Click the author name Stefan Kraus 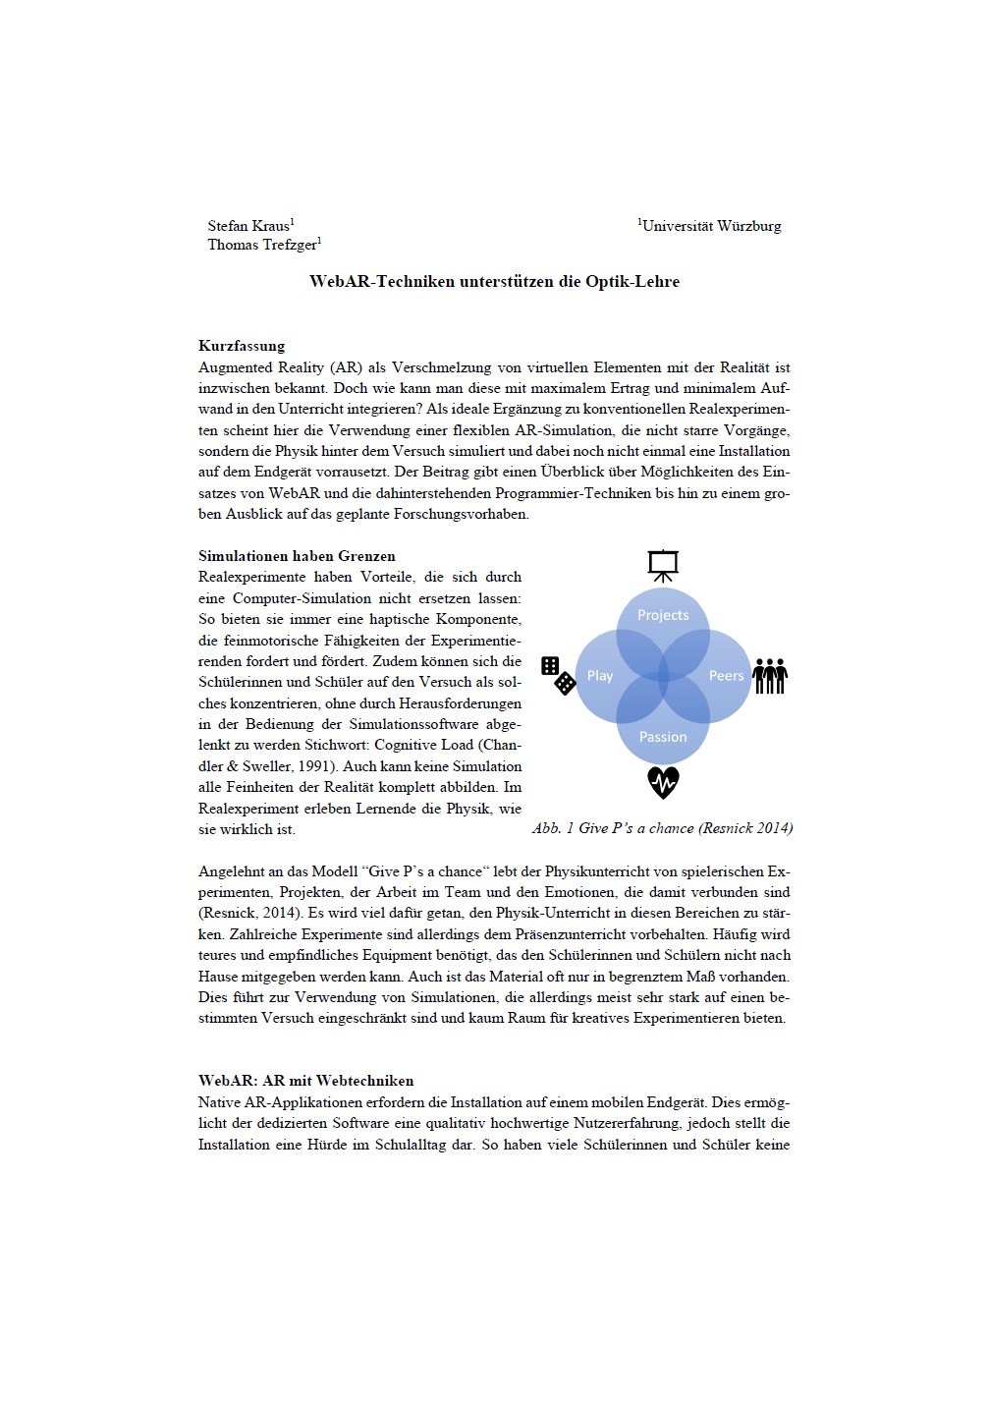pyautogui.click(x=248, y=226)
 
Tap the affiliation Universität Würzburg pyautogui.click(x=712, y=226)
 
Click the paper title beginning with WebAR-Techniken pyautogui.click(x=494, y=282)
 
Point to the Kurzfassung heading pyautogui.click(x=242, y=346)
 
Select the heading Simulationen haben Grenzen pyautogui.click(x=297, y=556)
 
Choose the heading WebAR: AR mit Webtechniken pyautogui.click(x=305, y=1081)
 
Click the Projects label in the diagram pyautogui.click(x=663, y=615)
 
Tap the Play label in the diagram pyautogui.click(x=599, y=676)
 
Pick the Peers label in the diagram pyautogui.click(x=726, y=676)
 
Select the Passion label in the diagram pyautogui.click(x=663, y=737)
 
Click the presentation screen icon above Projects pyautogui.click(x=663, y=565)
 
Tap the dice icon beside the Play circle pyautogui.click(x=558, y=675)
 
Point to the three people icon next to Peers pyautogui.click(x=770, y=676)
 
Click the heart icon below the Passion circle pyautogui.click(x=663, y=783)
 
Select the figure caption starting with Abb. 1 pyautogui.click(x=662, y=828)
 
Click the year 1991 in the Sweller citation pyautogui.click(x=315, y=766)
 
